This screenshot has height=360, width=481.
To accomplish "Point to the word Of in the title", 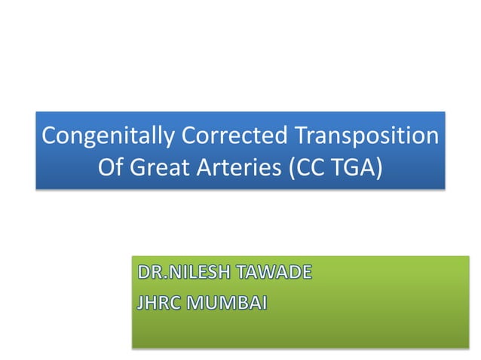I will (109, 166).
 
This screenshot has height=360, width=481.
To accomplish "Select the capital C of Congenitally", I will (49, 137).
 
